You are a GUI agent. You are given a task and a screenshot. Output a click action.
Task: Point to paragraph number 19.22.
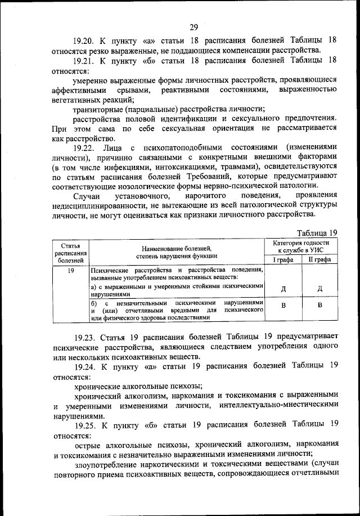(x=85, y=147)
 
